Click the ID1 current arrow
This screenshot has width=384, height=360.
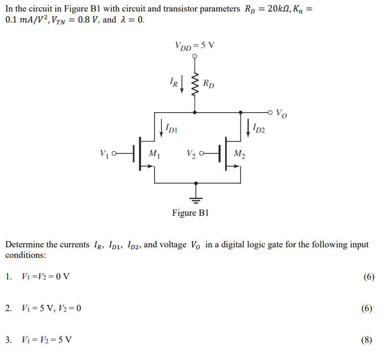pos(162,127)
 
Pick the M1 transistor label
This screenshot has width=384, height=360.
pos(154,154)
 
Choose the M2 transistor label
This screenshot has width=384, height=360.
pos(239,154)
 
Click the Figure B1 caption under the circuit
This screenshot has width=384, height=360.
pos(191,213)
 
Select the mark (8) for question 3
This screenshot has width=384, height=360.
pos(367,340)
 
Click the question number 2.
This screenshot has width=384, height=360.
pos(8,308)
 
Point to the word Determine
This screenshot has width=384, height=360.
pos(25,245)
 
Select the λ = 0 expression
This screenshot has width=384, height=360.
pos(131,20)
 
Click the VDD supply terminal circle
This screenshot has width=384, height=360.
pos(194,56)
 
